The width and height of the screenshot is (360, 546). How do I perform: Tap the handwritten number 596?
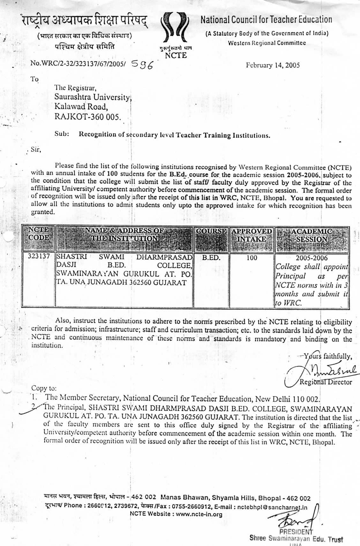(142, 65)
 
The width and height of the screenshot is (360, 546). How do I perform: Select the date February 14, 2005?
(273, 65)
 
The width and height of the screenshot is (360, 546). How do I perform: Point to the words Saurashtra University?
(93, 97)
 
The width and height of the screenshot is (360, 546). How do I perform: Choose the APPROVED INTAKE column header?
(251, 235)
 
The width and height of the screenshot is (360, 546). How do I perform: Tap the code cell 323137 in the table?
(39, 256)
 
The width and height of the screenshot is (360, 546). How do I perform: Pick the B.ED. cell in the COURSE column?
(211, 258)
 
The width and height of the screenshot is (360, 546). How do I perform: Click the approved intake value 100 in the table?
(251, 258)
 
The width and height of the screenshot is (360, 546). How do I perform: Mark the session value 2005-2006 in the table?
(311, 258)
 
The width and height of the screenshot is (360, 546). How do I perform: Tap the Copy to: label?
(44, 388)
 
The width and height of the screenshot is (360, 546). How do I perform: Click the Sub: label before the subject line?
(62, 134)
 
